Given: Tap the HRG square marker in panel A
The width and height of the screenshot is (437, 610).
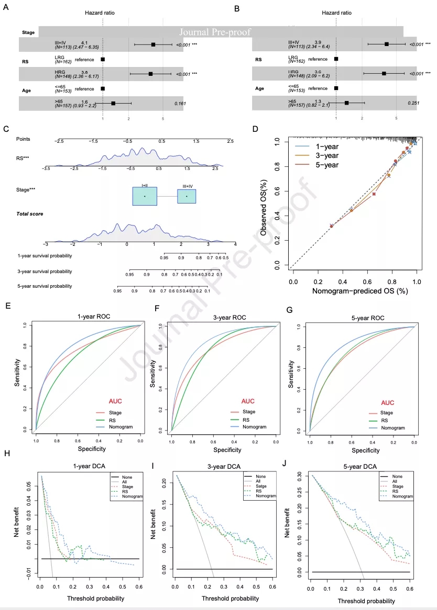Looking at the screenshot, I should click(x=150, y=74).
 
